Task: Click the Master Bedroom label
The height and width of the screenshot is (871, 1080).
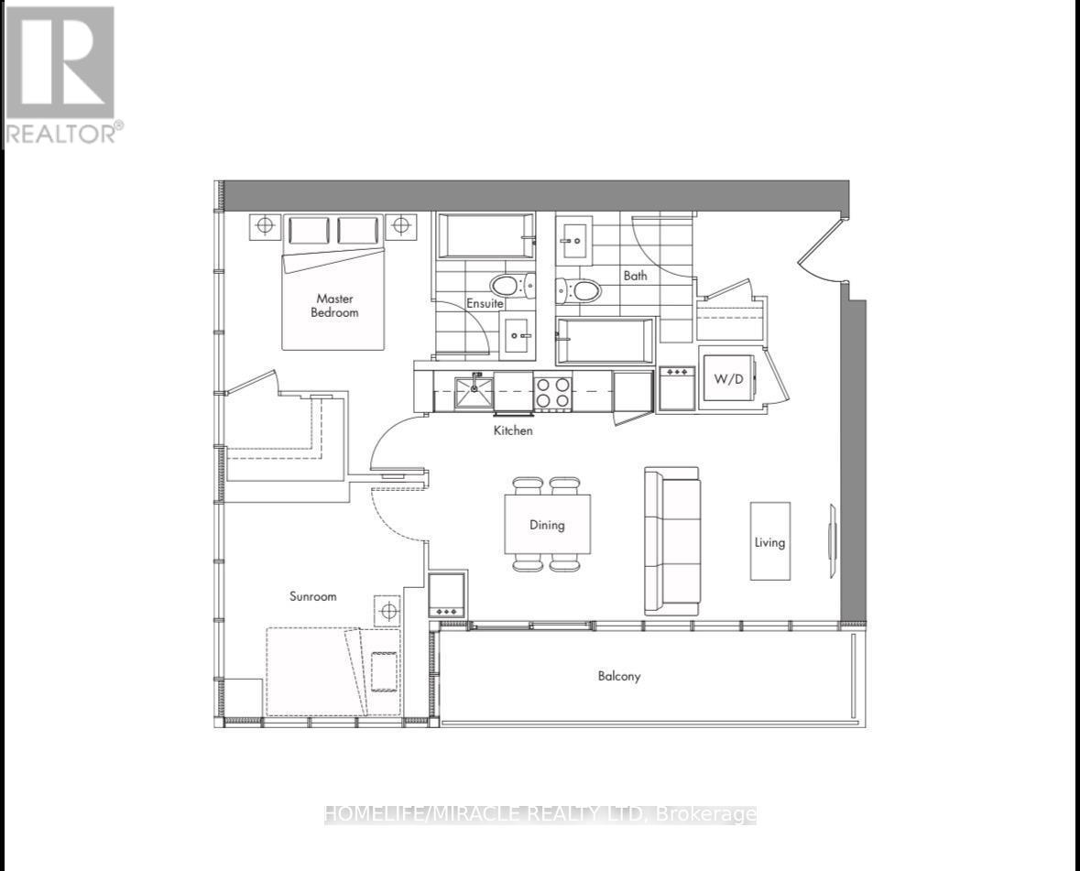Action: point(334,305)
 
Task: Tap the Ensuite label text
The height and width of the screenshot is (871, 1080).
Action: point(485,303)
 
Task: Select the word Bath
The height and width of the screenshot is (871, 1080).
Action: point(635,275)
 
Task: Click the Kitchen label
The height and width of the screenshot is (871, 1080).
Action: point(512,430)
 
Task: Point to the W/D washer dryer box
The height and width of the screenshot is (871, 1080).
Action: point(728,378)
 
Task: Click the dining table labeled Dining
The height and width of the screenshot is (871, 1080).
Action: point(547,525)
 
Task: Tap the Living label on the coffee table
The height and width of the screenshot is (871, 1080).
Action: point(769,541)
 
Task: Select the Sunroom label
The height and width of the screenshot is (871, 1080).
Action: point(312,596)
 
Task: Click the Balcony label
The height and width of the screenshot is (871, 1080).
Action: point(619,677)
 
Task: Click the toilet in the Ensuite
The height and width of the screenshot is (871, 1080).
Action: point(509,285)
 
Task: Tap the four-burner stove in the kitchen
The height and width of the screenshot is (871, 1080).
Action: point(553,393)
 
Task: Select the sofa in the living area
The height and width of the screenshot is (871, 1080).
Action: point(671,540)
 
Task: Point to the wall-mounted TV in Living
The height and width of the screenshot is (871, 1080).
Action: point(833,541)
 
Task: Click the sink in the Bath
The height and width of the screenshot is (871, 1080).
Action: point(576,239)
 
